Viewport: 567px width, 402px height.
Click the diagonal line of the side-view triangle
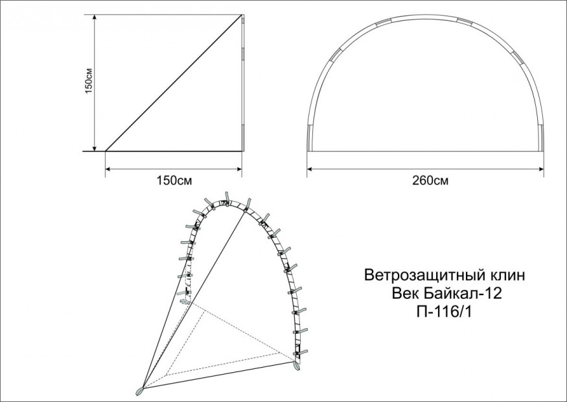(x=174, y=82)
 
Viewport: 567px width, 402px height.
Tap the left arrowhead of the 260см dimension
(x=310, y=169)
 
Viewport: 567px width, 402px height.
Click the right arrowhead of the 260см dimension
(x=540, y=169)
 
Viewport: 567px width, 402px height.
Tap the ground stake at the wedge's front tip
(x=139, y=391)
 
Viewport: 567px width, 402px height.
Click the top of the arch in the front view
(x=426, y=18)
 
